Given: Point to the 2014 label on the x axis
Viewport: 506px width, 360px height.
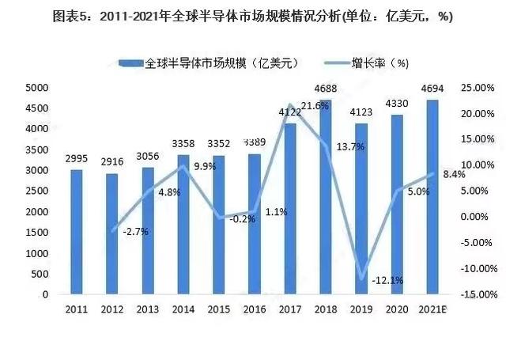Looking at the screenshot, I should pos(183,309).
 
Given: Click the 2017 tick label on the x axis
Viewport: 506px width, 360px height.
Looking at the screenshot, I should pos(290,309).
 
